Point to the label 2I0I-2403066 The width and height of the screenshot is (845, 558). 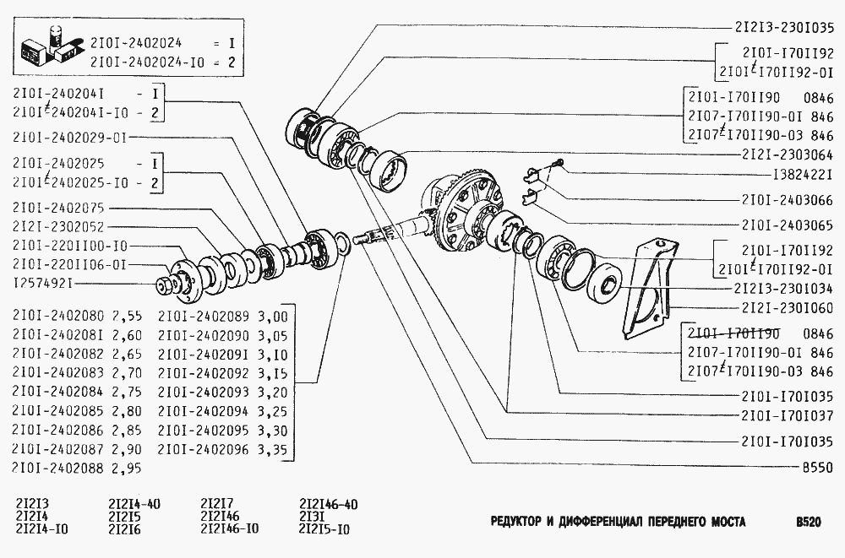pyautogui.click(x=787, y=200)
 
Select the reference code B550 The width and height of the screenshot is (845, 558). pyautogui.click(x=816, y=466)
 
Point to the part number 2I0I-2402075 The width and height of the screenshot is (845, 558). pyautogui.click(x=59, y=208)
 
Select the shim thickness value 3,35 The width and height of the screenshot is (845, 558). pyautogui.click(x=271, y=449)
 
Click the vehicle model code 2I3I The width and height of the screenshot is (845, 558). pyautogui.click(x=312, y=517)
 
